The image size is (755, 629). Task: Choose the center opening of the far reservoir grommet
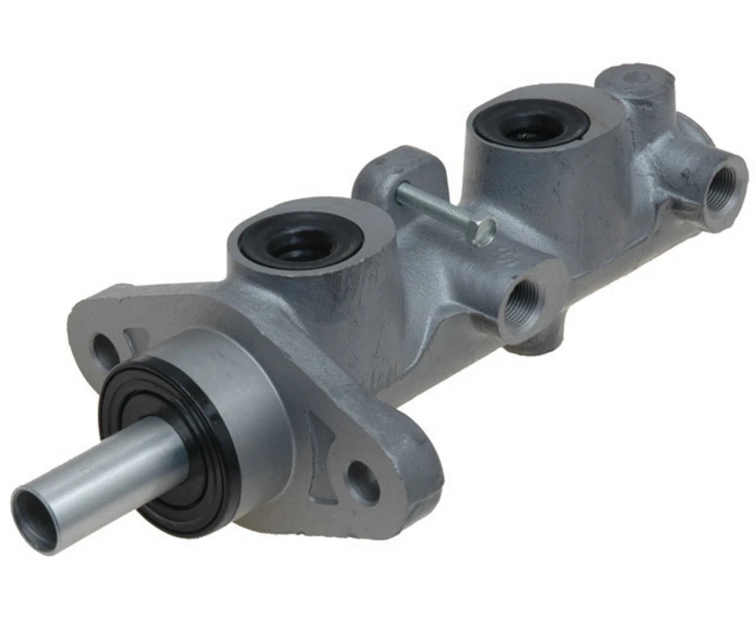click(528, 126)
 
